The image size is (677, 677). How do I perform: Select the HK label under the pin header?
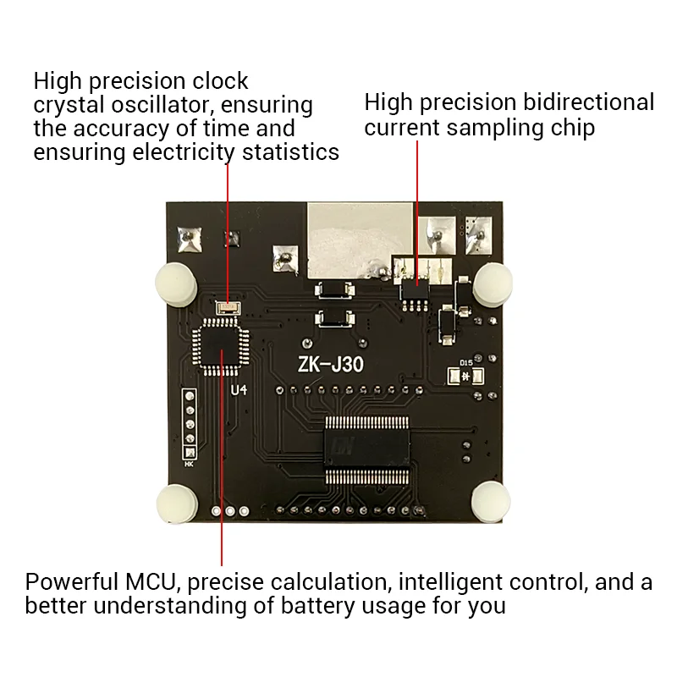click(189, 463)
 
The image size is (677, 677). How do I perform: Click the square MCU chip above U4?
click(221, 345)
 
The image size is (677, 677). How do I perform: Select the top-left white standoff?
click(175, 281)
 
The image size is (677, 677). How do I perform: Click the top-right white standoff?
click(493, 282)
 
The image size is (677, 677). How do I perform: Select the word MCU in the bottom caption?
click(146, 582)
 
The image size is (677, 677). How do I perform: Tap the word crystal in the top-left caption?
click(69, 106)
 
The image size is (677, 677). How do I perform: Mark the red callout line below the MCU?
click(222, 474)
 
